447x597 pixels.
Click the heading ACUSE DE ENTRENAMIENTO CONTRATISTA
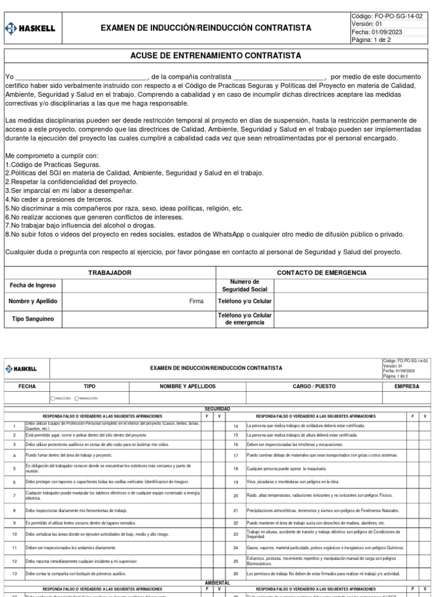click(x=223, y=56)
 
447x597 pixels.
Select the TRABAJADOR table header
click(x=109, y=273)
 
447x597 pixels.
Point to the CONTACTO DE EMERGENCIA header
click(x=321, y=273)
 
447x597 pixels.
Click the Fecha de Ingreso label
click(x=33, y=285)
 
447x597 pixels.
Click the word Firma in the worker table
click(x=197, y=301)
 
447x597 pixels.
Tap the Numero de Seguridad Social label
click(x=244, y=285)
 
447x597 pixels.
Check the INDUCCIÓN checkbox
click(x=54, y=398)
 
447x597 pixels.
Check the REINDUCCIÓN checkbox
click(x=77, y=398)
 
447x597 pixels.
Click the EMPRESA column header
click(x=406, y=387)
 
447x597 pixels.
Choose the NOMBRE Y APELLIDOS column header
click(x=187, y=387)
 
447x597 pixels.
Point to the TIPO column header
click(x=90, y=387)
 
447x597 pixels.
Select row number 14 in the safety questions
click(x=236, y=426)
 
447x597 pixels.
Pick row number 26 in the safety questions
click(x=236, y=574)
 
